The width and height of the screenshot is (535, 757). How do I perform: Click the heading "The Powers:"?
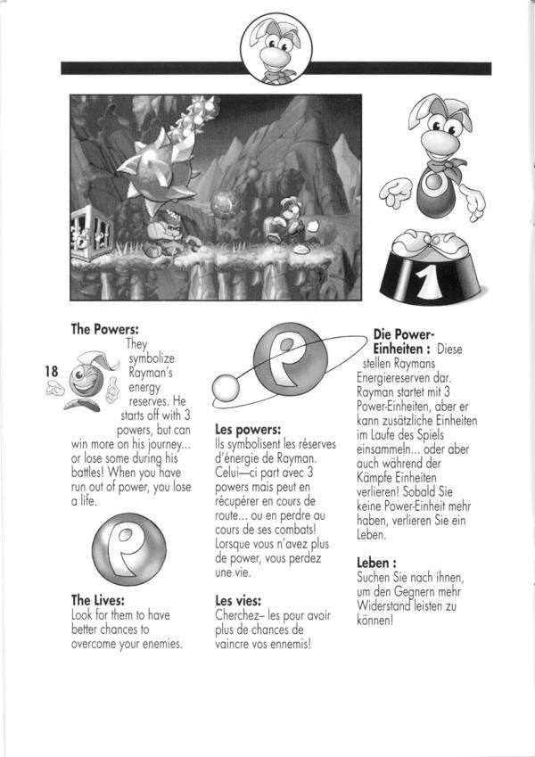[104, 329]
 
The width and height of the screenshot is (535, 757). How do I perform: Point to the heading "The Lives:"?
[97, 600]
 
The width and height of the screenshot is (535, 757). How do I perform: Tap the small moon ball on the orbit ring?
[224, 386]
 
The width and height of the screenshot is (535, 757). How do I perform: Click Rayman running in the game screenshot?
[288, 218]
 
